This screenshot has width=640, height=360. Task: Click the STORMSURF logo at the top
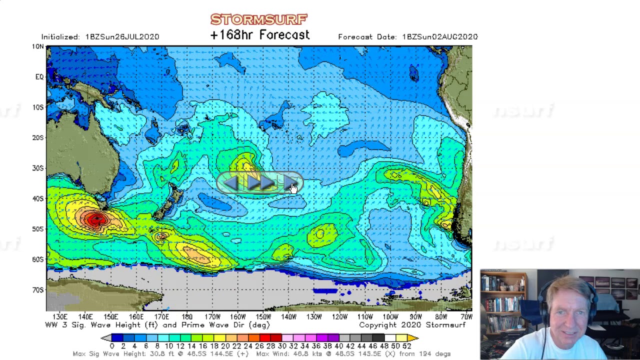coord(258,19)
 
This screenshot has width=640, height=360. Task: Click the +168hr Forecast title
coord(259,35)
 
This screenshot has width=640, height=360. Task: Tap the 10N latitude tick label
coord(37,46)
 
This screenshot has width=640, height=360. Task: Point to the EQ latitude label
coord(39,77)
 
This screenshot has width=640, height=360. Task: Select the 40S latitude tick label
coord(37,198)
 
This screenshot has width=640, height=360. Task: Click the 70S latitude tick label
coord(37,290)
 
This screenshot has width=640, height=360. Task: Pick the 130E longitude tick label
coord(59,317)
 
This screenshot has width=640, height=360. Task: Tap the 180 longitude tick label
coord(187,317)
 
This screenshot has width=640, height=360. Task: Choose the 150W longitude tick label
coord(263,317)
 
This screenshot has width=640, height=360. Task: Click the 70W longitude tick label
coord(466,317)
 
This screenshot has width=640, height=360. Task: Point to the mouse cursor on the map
coord(293,188)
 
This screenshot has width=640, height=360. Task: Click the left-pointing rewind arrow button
coord(230,184)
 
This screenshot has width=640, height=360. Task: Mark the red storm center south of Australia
coord(95,219)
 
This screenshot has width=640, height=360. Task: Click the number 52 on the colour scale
coord(406,346)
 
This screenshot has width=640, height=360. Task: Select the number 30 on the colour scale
coord(282,346)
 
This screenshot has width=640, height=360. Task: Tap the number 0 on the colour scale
coord(111,346)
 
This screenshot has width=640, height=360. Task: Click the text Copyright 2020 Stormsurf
coord(412,325)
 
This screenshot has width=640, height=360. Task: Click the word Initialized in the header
coord(60,37)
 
